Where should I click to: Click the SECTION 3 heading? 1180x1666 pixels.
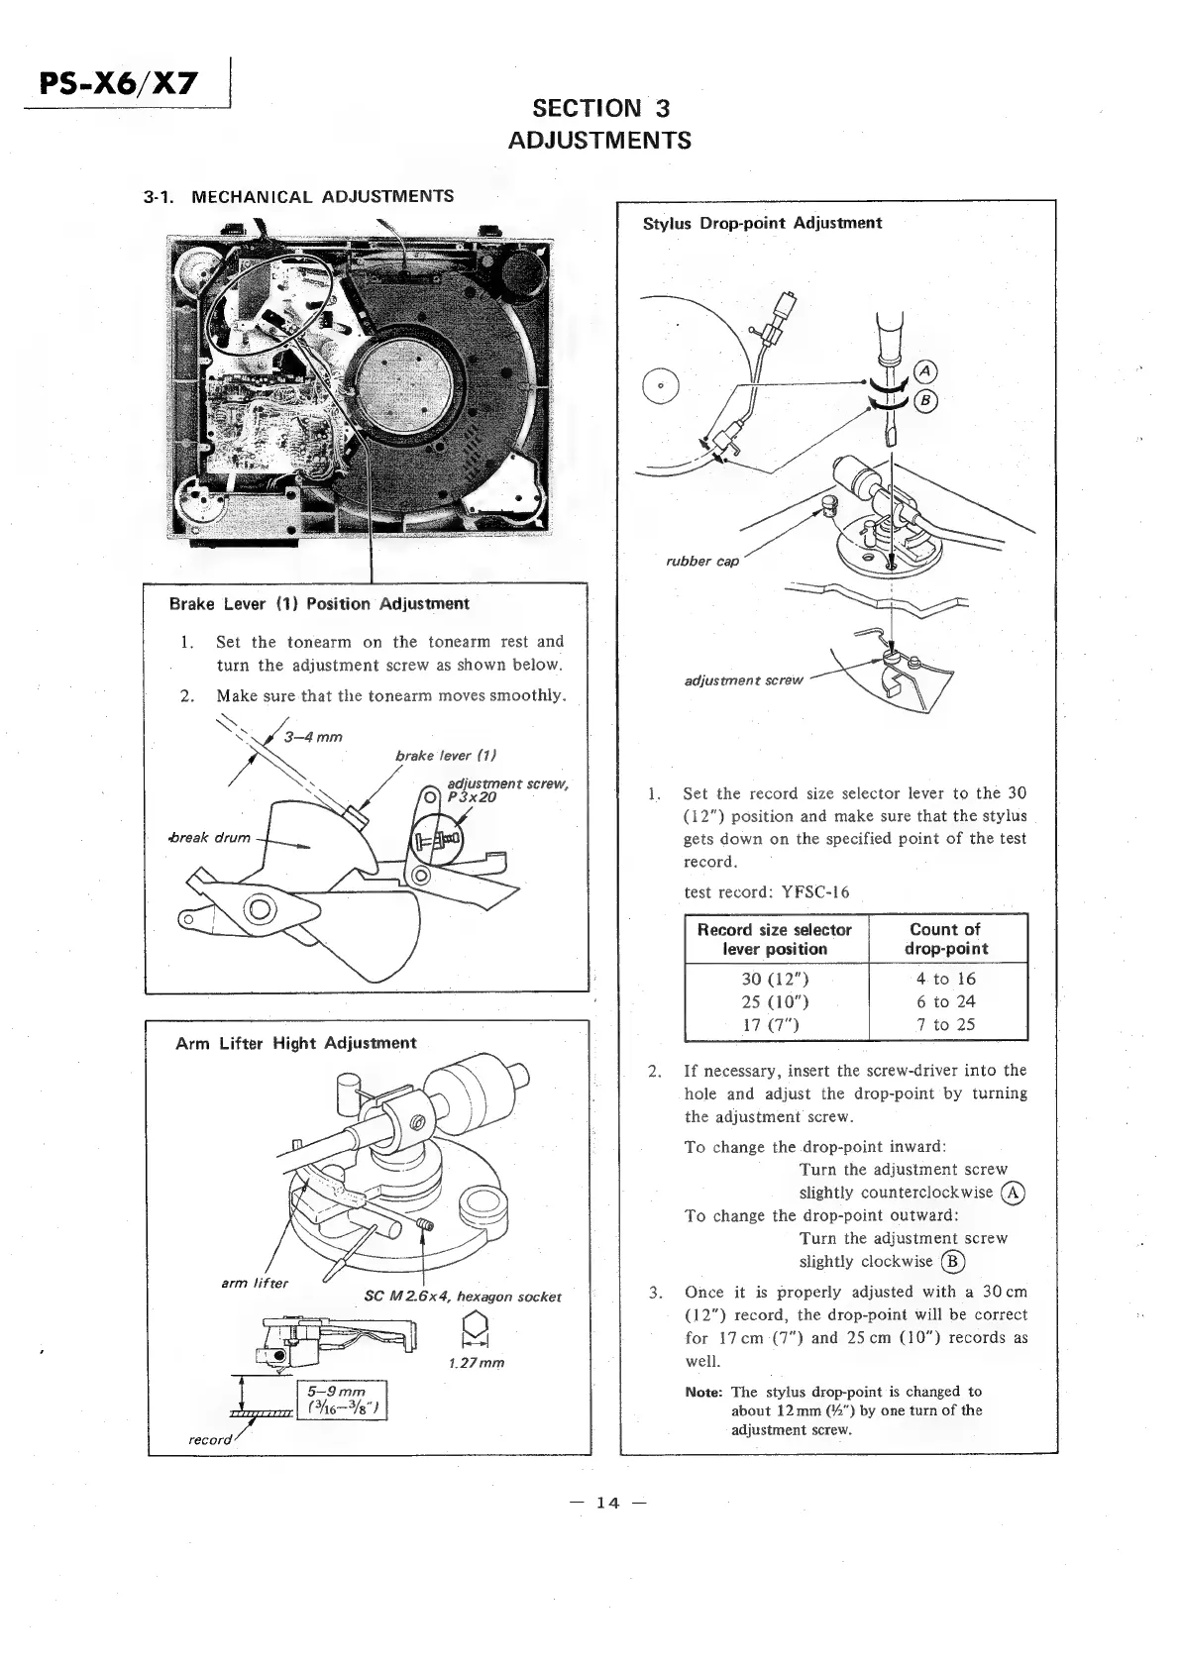pos(600,108)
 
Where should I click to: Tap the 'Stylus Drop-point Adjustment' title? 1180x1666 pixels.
pos(762,223)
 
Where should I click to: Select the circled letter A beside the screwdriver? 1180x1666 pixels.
pos(925,371)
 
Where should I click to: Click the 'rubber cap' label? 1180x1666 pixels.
pos(701,562)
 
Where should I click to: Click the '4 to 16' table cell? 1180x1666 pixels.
pos(946,979)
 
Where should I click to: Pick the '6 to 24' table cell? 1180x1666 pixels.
pos(946,1001)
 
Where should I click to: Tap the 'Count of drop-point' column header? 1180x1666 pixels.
pos(945,939)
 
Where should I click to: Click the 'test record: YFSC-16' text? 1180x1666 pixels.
pos(766,891)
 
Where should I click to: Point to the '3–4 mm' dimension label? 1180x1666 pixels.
pos(312,737)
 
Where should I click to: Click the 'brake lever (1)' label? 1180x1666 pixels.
pos(445,756)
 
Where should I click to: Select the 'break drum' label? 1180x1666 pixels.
pos(209,838)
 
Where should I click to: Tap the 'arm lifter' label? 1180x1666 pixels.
pos(254,1284)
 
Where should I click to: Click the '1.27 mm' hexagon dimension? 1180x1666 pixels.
pos(476,1363)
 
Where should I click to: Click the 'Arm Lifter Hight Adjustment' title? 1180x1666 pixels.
pos(295,1043)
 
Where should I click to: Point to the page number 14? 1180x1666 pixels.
pos(607,1503)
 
